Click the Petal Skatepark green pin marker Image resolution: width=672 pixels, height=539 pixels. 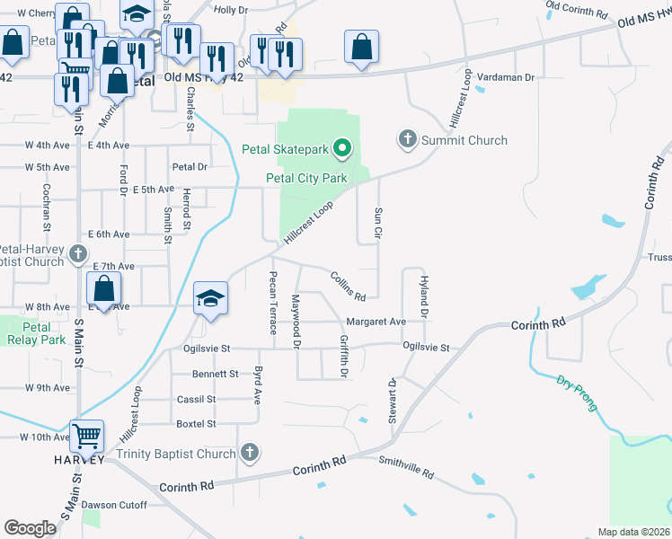coord(341,148)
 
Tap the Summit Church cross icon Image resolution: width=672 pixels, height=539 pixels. coord(407,139)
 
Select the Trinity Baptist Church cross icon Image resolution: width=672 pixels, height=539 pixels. coord(250,454)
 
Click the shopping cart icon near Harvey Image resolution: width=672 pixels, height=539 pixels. coord(87,437)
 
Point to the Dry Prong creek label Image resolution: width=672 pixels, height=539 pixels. coord(576,393)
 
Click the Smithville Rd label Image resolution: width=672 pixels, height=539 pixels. coord(406,473)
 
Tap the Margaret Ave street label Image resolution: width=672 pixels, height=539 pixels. coord(376,321)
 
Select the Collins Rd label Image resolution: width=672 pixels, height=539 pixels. coord(348,286)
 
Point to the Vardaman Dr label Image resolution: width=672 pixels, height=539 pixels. coord(505,77)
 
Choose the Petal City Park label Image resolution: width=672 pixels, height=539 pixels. coord(306,178)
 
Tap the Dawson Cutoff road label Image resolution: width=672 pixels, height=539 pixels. coord(114,505)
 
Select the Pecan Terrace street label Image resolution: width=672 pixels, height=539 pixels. coord(273,302)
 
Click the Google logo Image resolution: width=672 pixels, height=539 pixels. coord(30,527)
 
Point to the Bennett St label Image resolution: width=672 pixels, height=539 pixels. coord(215,374)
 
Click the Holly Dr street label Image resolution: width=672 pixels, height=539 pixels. coord(231,9)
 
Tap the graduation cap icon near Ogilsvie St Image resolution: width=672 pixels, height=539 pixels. coord(211,298)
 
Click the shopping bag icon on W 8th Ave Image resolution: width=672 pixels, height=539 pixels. coord(104,290)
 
